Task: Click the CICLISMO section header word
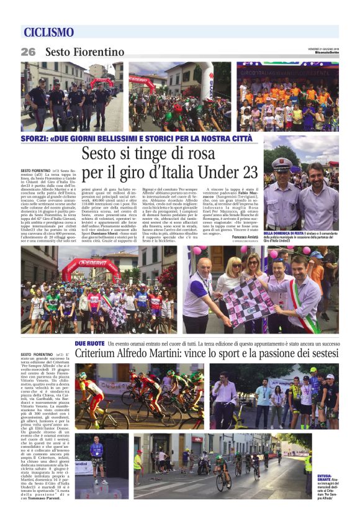49,32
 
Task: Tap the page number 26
28,52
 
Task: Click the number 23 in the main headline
242,171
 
